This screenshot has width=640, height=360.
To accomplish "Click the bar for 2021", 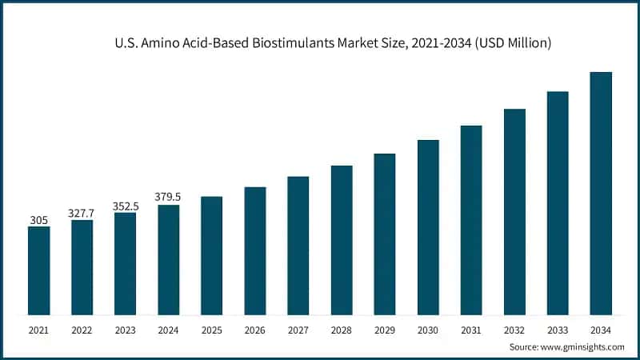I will pyautogui.click(x=38, y=270).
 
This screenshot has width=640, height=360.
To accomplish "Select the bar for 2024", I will pyautogui.click(x=168, y=260).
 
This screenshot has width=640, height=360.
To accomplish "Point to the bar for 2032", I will pyautogui.click(x=514, y=211).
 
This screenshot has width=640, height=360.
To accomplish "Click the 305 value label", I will pyautogui.click(x=38, y=218).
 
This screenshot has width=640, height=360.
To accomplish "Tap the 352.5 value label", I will pyautogui.click(x=125, y=206).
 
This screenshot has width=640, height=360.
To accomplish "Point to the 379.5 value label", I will pyautogui.click(x=168, y=197).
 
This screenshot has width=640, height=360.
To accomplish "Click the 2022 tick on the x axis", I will pyautogui.click(x=82, y=329).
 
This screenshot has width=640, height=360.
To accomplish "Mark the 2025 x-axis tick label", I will pyautogui.click(x=211, y=329).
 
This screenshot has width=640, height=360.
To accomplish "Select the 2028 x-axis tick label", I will pyautogui.click(x=342, y=329).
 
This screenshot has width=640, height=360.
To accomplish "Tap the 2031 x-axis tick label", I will pyautogui.click(x=471, y=329).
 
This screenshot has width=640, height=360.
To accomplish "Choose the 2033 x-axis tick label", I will pyautogui.click(x=558, y=329).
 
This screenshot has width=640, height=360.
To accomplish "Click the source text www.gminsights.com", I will pyautogui.click(x=585, y=347).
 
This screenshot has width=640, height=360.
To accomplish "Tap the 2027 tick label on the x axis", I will pyautogui.click(x=298, y=329).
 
